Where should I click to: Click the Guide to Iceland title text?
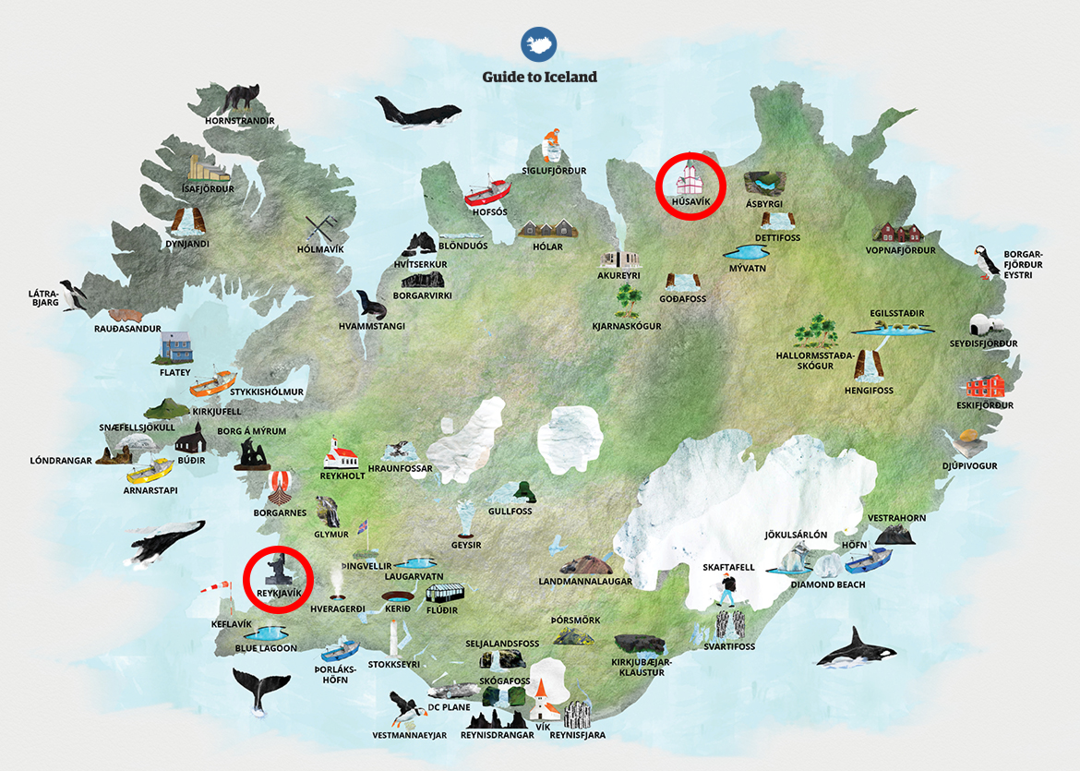[539, 77]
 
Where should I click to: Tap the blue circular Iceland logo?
[539, 44]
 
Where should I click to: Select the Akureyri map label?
[618, 275]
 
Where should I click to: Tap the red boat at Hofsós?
[486, 191]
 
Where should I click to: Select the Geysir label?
[466, 545]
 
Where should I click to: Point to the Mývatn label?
[747, 269]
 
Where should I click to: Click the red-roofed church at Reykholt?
[340, 452]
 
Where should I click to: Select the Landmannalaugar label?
[585, 582]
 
